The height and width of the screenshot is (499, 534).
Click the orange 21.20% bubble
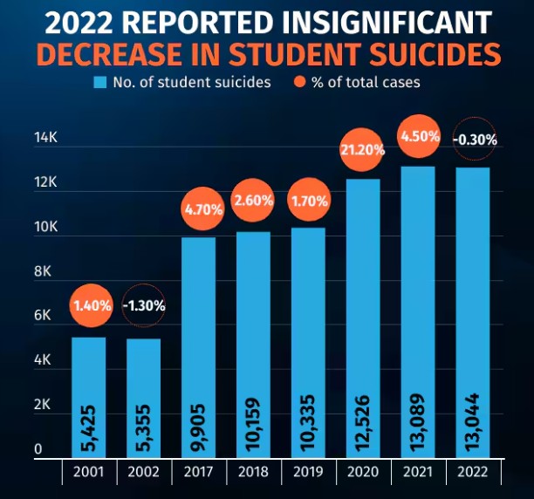coord(364,150)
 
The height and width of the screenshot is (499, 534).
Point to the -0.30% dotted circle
coord(475,139)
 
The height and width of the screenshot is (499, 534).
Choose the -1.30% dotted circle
coord(143,305)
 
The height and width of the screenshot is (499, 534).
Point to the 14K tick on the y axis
coord(44,138)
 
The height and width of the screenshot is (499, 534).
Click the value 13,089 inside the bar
coord(420,424)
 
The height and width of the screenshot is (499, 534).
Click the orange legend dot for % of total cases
coord(299,83)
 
